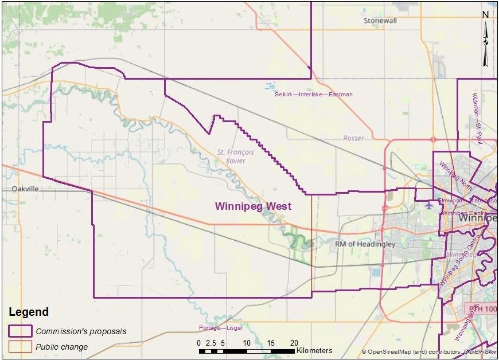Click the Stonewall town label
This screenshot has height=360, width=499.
coord(380,21)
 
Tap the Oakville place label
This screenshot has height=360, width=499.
coord(25,189)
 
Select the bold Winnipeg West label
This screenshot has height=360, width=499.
coord(253,206)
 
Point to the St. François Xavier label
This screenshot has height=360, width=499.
coord(231,156)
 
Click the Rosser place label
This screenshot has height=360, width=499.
coord(353,138)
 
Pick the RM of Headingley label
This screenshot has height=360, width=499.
coord(365,244)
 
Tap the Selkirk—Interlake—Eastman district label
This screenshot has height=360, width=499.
coord(313,94)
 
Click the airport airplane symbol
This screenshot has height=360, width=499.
coord(430,204)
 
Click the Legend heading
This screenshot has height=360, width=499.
coord(28,312)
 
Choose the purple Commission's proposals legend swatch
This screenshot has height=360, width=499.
coord(20,331)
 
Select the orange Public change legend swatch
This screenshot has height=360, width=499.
coord(20,346)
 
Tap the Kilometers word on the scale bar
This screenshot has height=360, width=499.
coord(314,350)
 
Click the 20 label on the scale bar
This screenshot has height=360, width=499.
coord(294,343)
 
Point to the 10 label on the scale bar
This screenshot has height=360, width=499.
coord(247,343)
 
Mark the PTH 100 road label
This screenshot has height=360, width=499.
coord(481,309)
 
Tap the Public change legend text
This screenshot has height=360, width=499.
coord(62,346)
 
